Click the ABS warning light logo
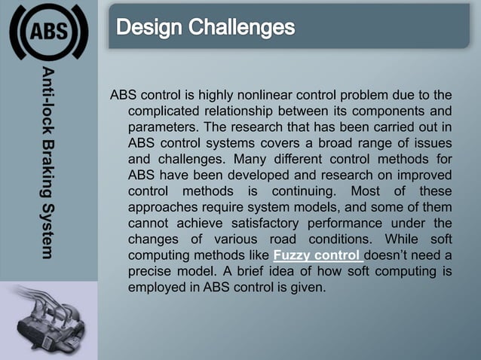pyautogui.click(x=48, y=32)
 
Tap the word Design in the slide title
pyautogui.click(x=148, y=28)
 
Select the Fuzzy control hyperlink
pyautogui.click(x=317, y=255)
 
